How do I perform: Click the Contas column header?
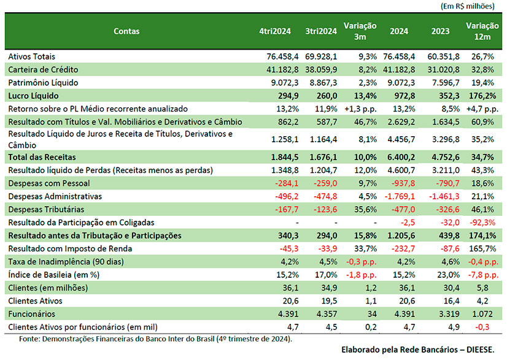126,31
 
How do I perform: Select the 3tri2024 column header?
321,31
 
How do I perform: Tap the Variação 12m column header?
482,31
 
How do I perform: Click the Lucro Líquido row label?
33,96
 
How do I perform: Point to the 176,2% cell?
482,96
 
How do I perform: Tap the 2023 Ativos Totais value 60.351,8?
443,56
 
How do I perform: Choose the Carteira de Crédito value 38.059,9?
321,70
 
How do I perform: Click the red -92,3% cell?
482,223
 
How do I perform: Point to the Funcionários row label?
32,314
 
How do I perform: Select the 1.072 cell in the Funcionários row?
482,314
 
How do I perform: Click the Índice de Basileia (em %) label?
53,275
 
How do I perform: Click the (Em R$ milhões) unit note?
468,6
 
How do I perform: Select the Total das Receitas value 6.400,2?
401,158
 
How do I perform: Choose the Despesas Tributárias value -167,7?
287,210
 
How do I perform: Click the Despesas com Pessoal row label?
49,183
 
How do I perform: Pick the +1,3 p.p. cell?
360,109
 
